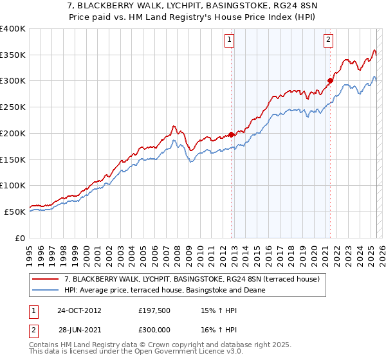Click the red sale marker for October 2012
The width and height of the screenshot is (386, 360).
coord(231,135)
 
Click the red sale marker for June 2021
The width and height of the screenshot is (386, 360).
coord(330,81)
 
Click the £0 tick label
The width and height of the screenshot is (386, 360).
coord(21,238)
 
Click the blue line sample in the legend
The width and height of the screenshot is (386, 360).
coord(46,290)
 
